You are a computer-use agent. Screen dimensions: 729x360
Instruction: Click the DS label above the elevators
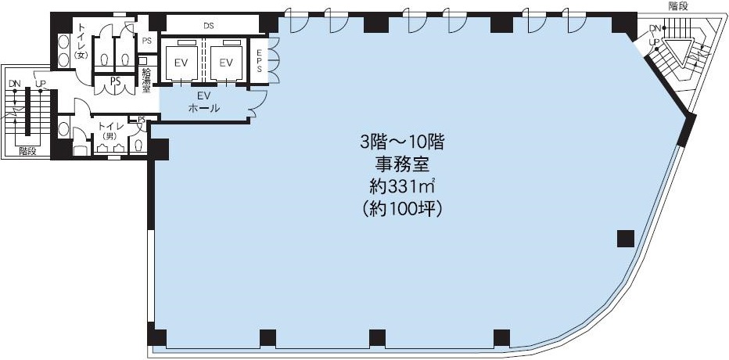point(208,26)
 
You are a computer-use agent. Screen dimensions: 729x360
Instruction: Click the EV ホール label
point(204,102)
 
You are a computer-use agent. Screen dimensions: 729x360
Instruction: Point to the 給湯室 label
point(147,79)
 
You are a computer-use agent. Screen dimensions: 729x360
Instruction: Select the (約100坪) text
point(402,209)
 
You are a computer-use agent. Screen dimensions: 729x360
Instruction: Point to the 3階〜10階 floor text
point(402,142)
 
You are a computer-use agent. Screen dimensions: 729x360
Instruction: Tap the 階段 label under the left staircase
point(27,151)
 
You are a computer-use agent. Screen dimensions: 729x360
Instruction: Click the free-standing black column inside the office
point(626,239)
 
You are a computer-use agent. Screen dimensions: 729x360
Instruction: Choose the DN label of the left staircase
point(15,84)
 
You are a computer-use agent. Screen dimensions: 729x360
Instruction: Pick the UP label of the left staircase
point(40,84)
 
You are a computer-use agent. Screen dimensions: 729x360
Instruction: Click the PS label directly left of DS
point(147,41)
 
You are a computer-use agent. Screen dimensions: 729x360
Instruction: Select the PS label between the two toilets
point(115,81)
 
